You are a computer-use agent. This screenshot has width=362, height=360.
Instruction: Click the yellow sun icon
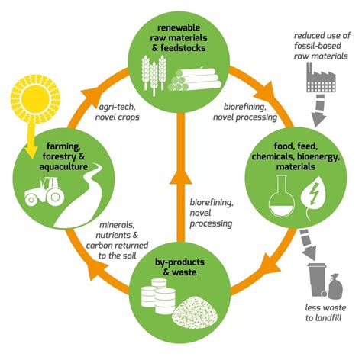[35, 99]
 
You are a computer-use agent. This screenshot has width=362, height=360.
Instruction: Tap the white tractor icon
[44, 191]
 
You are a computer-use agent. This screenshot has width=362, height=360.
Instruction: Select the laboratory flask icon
[282, 195]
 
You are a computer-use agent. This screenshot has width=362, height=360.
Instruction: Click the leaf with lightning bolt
[313, 198]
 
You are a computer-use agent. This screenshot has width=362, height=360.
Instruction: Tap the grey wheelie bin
[317, 280]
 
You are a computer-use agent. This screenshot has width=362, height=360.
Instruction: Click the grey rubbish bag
[335, 286]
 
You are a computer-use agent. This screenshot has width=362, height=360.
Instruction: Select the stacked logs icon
[195, 79]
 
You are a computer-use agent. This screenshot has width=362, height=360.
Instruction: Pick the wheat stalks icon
[154, 76]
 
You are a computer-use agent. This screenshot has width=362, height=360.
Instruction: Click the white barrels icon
[158, 296]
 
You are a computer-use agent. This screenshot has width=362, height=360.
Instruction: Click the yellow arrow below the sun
[32, 139]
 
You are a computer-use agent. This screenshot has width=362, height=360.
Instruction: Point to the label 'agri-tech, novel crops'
[117, 112]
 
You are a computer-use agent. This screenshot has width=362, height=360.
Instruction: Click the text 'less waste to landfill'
[325, 313]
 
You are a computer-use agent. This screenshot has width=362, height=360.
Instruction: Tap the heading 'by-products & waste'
[179, 267]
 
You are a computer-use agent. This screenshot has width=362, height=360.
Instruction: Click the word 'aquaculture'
[63, 167]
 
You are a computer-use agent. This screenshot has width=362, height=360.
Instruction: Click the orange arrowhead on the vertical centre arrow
[181, 176]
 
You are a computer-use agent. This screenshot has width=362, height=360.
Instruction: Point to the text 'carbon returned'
[117, 246]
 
